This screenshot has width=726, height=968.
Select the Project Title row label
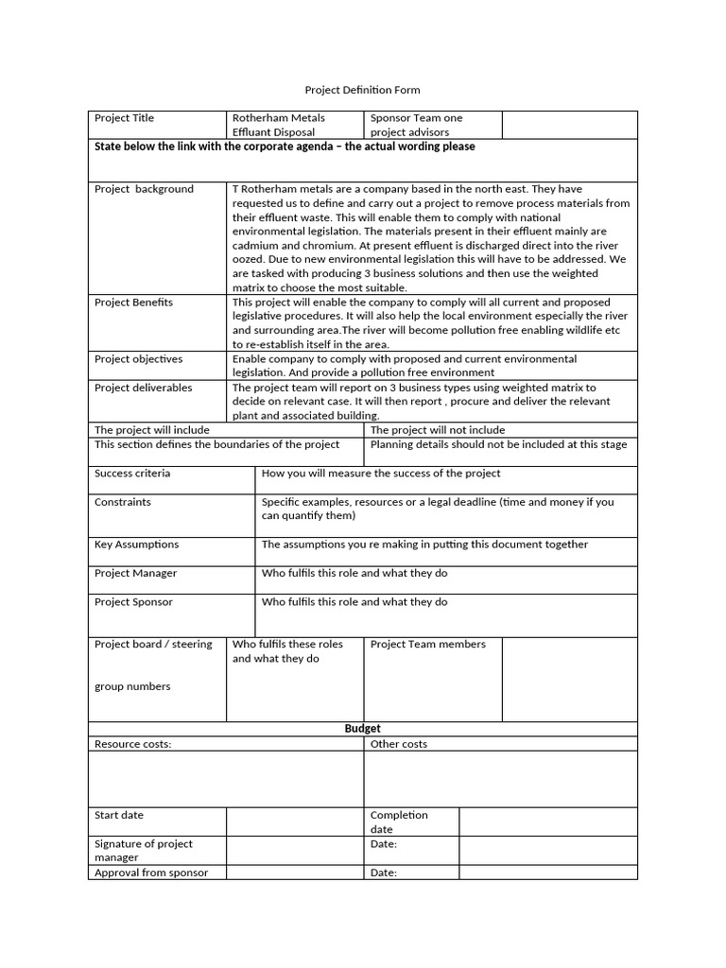click(x=124, y=118)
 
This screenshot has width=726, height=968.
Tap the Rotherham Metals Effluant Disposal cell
click(x=279, y=125)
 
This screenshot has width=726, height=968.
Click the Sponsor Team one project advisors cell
click(x=416, y=125)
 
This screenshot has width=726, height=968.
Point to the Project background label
click(x=144, y=189)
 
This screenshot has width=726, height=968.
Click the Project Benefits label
click(x=133, y=302)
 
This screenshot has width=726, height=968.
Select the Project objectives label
click(x=139, y=359)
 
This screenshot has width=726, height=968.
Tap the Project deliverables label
click(x=143, y=388)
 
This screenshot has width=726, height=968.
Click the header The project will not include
click(x=438, y=430)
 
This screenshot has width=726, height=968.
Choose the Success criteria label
click(x=132, y=474)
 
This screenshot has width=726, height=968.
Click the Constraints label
click(x=123, y=502)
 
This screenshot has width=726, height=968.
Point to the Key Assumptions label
click(x=136, y=544)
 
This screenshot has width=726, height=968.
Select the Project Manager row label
click(x=135, y=574)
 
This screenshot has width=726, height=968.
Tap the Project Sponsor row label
click(x=133, y=602)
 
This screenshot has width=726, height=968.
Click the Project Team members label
click(x=427, y=645)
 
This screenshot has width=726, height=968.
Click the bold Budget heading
click(x=362, y=729)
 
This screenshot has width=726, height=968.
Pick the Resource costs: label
click(x=133, y=745)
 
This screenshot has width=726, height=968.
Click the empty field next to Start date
click(x=294, y=821)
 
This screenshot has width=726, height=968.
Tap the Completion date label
click(x=399, y=822)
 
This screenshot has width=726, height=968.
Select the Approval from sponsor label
click(x=151, y=873)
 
